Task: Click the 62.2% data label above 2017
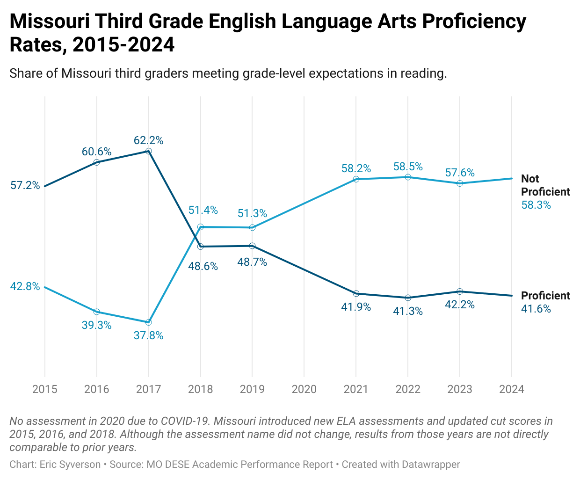click(148, 140)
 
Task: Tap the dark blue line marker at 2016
click(97, 162)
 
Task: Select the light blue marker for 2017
click(149, 322)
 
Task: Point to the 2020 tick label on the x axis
click(304, 389)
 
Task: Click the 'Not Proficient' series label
click(545, 185)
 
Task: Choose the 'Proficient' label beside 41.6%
click(545, 296)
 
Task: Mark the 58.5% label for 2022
click(408, 167)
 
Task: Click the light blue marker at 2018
click(201, 227)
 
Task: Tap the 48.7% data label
click(252, 262)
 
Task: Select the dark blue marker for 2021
click(356, 293)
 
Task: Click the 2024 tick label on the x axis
click(512, 389)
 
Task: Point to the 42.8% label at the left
click(25, 286)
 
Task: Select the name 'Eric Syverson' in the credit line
click(70, 465)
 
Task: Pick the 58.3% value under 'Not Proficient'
click(536, 205)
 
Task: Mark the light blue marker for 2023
click(460, 183)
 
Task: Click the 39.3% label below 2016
click(96, 325)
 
